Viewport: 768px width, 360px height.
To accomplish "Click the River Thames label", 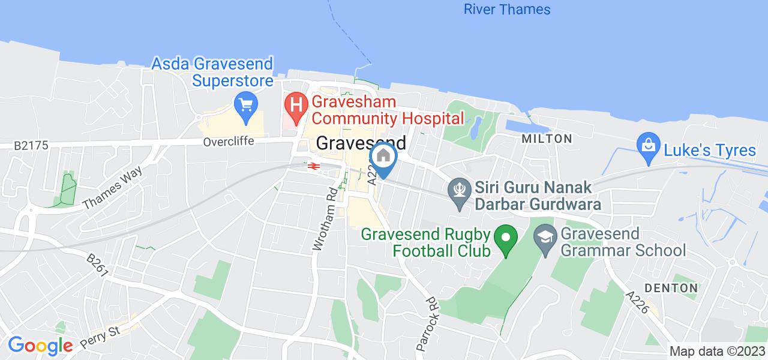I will point(507,10).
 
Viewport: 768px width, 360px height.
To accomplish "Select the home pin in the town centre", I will point(383,157).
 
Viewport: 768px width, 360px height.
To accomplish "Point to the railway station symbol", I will point(312,166).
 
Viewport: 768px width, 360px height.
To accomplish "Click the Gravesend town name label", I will point(361,143).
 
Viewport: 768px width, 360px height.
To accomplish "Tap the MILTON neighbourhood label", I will point(547,139).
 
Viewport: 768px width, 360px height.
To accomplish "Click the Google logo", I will point(40,345).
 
